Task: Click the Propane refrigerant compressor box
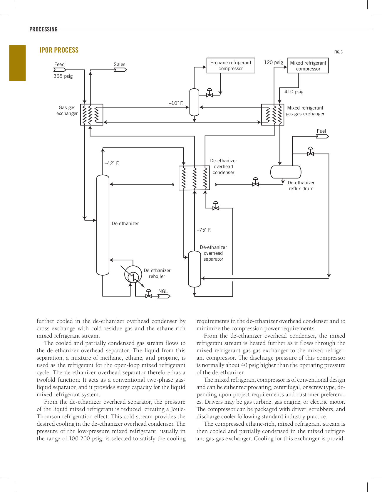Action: click(x=231, y=65)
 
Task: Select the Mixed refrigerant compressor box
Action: click(x=308, y=65)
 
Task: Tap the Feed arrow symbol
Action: click(x=60, y=70)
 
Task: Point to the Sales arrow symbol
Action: click(x=120, y=70)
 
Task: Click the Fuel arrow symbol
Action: click(x=322, y=136)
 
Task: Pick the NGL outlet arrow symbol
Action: click(x=164, y=296)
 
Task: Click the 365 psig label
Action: click(x=63, y=76)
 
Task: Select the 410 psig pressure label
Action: click(x=294, y=92)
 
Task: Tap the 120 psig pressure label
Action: click(x=273, y=62)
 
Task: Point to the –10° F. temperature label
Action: click(x=176, y=103)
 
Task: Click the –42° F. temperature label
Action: click(x=112, y=163)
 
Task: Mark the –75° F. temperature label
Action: click(x=204, y=230)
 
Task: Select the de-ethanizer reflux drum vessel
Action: click(x=286, y=172)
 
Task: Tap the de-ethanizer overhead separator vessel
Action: click(x=194, y=269)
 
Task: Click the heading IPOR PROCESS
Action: click(x=59, y=50)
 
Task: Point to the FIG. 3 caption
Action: click(x=338, y=52)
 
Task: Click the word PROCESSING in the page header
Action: click(x=43, y=29)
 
